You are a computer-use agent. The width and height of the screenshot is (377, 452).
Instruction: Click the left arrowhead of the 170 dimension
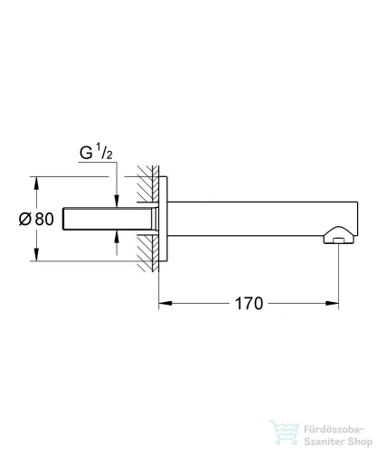coord(164,304)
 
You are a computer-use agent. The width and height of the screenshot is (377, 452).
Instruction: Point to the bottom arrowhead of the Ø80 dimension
coord(37,256)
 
